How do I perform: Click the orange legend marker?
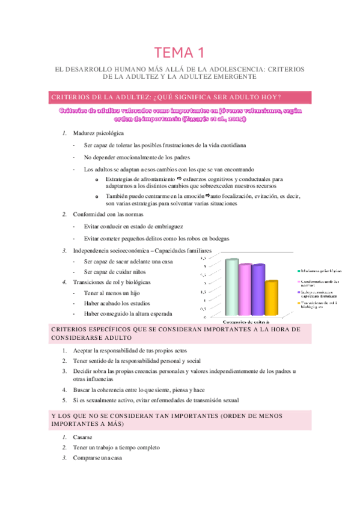pos(298,303)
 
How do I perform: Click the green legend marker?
pos(298,271)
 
